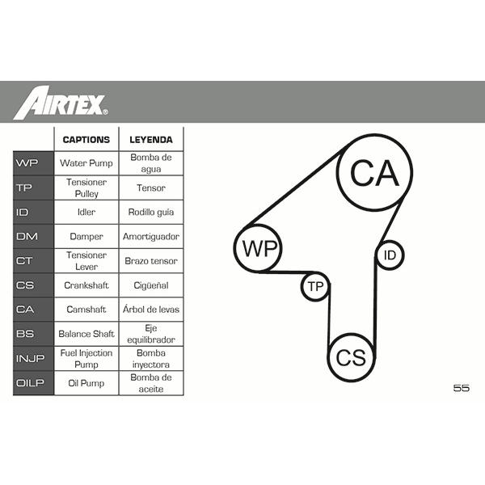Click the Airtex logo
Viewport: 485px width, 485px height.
61,103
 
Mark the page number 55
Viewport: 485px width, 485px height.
462,388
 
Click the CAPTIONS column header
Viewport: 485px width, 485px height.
86,140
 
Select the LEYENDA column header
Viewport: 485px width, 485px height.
151,140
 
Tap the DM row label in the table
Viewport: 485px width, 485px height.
27,236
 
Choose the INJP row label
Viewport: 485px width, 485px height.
31,358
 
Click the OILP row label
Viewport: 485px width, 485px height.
30,383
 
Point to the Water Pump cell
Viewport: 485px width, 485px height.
86,163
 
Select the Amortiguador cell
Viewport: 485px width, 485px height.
151,237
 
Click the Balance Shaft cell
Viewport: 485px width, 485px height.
86,334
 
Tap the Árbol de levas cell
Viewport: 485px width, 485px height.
151,309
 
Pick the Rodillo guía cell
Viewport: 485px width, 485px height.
151,212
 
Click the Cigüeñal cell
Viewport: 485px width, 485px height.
151,285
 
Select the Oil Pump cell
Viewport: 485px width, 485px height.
86,383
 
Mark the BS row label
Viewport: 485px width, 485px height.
25,334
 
